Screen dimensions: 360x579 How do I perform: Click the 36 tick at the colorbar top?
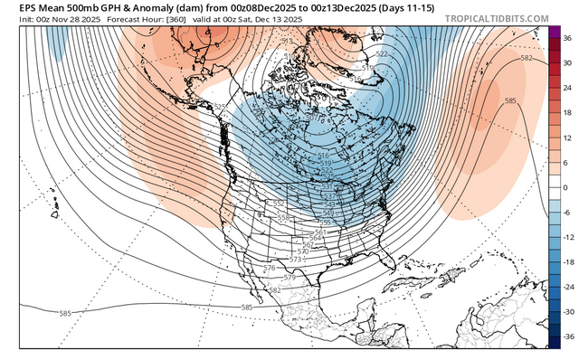coord(565,40)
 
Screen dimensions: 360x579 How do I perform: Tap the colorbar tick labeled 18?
coord(565,114)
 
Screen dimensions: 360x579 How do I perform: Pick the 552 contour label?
coord(280,204)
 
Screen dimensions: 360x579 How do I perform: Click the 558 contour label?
coord(284,218)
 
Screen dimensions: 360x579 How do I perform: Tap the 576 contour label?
coord(269,269)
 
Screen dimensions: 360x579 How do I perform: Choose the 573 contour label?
coord(295,260)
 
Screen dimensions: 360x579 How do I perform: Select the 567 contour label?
coord(308,245)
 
